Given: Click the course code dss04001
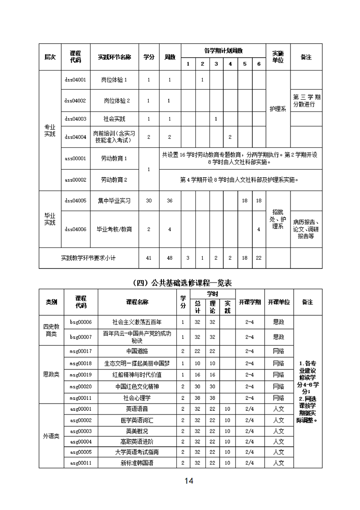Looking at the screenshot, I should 75,80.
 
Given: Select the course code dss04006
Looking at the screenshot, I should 75,229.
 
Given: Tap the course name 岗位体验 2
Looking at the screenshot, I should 117,101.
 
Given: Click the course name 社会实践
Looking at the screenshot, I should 114,119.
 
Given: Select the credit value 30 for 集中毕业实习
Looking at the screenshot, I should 149,201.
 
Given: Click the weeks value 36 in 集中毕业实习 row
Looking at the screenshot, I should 170,201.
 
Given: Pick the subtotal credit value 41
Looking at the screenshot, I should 149,258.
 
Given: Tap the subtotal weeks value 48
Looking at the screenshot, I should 170,258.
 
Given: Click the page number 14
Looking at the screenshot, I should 189,481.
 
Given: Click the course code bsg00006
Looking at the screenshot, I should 81,322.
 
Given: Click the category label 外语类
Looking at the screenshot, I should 51,436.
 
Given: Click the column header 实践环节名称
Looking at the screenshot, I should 114,57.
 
